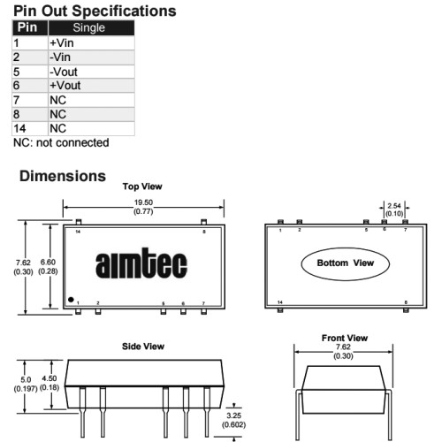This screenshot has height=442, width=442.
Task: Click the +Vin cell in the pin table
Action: (x=91, y=43)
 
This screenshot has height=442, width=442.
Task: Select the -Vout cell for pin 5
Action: (x=91, y=72)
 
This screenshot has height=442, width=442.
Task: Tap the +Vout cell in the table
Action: (x=91, y=86)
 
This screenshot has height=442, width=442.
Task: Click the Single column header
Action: (x=91, y=27)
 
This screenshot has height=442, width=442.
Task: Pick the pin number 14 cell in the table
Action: (x=30, y=128)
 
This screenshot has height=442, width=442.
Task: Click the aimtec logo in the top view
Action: (x=141, y=263)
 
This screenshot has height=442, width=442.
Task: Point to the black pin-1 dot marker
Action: (x=71, y=300)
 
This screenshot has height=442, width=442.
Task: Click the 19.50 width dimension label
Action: (x=143, y=202)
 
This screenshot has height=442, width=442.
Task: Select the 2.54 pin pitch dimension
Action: (x=394, y=206)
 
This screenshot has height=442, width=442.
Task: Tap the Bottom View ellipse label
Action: (x=346, y=263)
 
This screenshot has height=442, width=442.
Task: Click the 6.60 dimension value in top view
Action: (x=48, y=262)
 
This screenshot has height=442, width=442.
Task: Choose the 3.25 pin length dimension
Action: (x=234, y=415)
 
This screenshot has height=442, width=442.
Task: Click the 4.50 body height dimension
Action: (x=50, y=378)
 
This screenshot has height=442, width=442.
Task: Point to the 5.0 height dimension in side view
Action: (x=26, y=379)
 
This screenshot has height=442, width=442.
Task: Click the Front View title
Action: (x=345, y=338)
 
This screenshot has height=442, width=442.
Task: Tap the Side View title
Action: (x=143, y=347)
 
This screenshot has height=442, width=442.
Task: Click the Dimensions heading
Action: (x=63, y=176)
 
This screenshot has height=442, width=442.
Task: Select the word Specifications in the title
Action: (x=124, y=11)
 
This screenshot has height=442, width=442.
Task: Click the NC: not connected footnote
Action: (x=61, y=142)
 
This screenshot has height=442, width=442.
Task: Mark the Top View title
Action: (x=142, y=187)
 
